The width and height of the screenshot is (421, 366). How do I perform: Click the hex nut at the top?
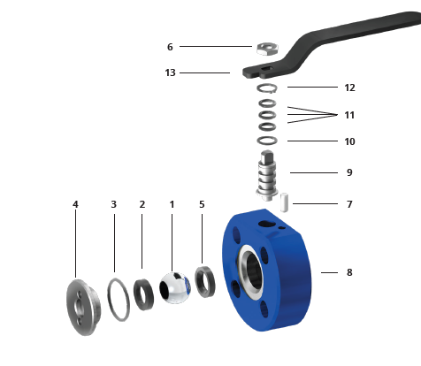point(267,49)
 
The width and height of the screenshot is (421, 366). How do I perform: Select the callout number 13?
point(170,72)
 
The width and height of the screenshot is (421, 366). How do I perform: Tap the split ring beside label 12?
point(267,88)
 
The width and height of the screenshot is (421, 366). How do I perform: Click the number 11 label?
point(349,115)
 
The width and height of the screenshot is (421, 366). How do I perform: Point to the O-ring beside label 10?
point(267,141)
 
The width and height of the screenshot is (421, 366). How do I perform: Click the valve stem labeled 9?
point(266,176)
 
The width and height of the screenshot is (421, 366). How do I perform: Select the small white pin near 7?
point(284,202)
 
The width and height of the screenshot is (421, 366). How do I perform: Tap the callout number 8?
point(349,272)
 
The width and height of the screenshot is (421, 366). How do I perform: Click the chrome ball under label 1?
point(175,288)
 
